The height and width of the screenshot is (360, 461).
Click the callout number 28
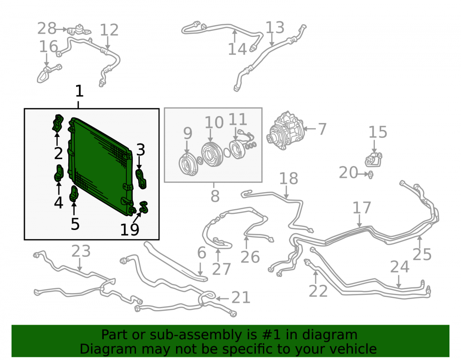pyautogui.click(x=47, y=29)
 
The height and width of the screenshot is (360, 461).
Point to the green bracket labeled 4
pyautogui.click(x=59, y=173)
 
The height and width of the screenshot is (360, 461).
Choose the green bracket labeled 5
pyautogui.click(x=74, y=194)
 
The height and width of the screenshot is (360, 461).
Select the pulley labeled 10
pyautogui.click(x=212, y=153)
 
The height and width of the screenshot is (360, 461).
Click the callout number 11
pyautogui.click(x=237, y=119)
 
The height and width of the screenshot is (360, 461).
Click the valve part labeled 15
pyautogui.click(x=374, y=159)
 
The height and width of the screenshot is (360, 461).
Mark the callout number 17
pyautogui.click(x=362, y=208)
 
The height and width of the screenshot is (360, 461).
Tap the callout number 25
pyautogui.click(x=422, y=254)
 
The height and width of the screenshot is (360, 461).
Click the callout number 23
pyautogui.click(x=81, y=251)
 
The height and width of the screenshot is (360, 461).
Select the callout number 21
pyautogui.click(x=241, y=297)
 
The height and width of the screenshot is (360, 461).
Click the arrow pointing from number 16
pyautogui.click(x=47, y=60)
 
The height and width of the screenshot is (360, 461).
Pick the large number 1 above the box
pyautogui.click(x=79, y=91)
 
